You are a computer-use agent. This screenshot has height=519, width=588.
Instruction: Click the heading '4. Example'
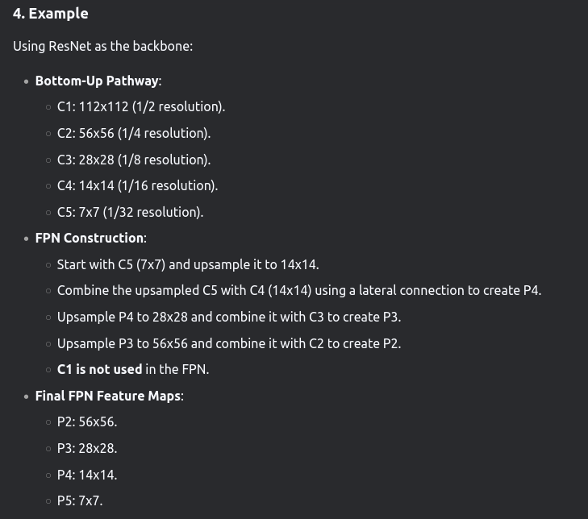pos(50,14)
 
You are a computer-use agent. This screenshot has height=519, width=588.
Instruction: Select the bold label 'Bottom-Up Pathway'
pos(97,81)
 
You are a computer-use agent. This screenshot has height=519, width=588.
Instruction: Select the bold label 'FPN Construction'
pos(90,238)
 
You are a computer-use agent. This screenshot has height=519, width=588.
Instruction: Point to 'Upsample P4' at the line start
pos(93,317)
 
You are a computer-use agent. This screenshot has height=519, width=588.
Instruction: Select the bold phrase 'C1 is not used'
pos(99,369)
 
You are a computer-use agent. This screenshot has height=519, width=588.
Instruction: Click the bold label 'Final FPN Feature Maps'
pos(107,396)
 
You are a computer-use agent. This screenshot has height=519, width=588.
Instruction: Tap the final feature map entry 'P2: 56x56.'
pos(87,421)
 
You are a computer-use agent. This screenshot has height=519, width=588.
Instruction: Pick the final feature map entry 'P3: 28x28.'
pos(87,448)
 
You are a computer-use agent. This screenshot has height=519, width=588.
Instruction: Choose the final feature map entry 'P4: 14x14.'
pos(87,475)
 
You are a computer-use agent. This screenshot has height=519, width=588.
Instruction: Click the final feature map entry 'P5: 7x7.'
pos(80,500)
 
